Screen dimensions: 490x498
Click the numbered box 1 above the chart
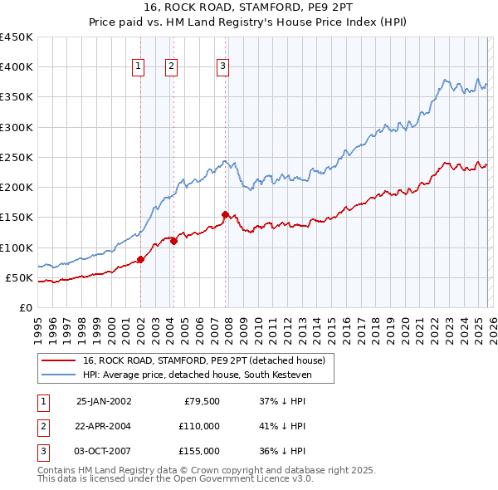click(137, 68)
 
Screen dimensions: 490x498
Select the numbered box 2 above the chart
click(171, 68)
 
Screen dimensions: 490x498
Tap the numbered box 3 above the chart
click(222, 68)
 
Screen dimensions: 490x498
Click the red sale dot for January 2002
click(140, 259)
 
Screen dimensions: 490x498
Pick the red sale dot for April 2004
click(173, 241)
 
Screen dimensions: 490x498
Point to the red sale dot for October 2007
click(225, 214)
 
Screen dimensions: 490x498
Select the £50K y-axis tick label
click(19, 277)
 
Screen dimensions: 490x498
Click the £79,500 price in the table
click(199, 401)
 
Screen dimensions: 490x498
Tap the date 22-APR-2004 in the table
click(104, 426)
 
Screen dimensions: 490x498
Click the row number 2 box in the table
click(41, 426)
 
